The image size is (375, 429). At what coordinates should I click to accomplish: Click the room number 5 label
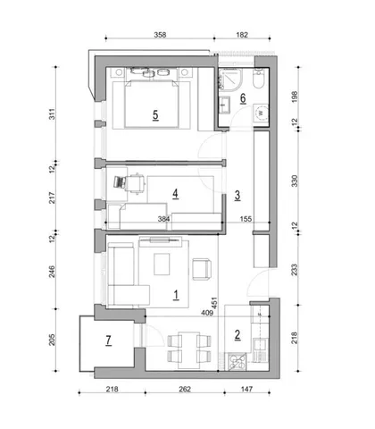click(155, 115)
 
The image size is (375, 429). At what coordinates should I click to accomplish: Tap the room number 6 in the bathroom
click(243, 98)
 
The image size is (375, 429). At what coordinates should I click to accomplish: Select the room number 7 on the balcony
click(108, 340)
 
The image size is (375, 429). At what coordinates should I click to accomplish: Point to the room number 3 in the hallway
click(237, 196)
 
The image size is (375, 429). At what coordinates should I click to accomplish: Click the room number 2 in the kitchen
click(237, 334)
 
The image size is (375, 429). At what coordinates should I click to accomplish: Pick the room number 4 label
click(176, 194)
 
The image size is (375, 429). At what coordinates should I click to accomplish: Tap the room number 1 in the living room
click(176, 295)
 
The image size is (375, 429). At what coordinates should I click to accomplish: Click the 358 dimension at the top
click(160, 35)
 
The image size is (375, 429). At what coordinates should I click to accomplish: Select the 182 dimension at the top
click(242, 35)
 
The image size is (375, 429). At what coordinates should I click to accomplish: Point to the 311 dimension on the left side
click(52, 114)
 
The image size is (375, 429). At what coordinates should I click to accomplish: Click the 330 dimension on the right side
click(295, 181)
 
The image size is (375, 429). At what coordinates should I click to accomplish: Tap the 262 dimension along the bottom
click(185, 389)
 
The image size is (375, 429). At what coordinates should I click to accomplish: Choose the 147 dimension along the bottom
click(246, 389)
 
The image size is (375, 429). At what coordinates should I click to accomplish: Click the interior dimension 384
click(163, 219)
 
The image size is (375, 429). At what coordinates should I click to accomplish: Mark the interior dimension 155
click(246, 219)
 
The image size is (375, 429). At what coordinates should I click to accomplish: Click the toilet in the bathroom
click(258, 79)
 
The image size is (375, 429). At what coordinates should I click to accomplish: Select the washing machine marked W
click(261, 113)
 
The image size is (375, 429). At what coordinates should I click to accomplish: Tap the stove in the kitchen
click(237, 362)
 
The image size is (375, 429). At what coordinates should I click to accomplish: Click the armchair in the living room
click(202, 269)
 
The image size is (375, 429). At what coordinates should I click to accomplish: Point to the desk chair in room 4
click(136, 183)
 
